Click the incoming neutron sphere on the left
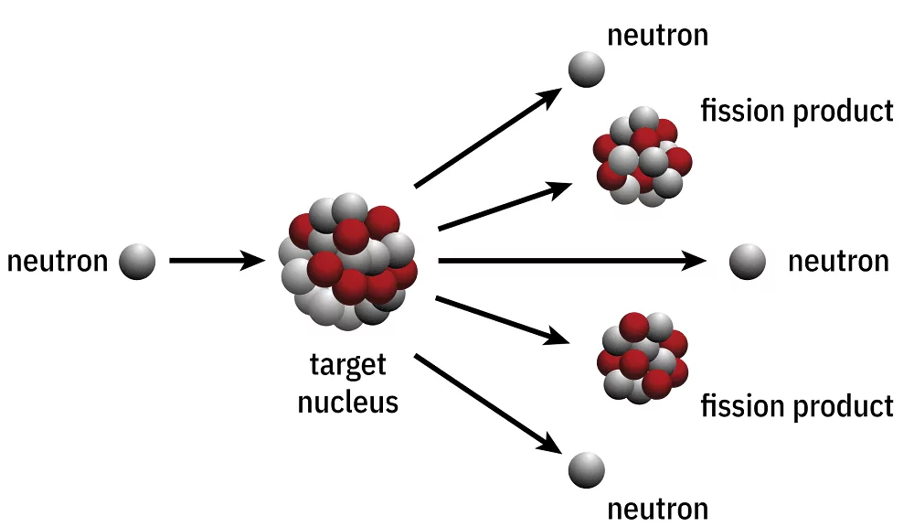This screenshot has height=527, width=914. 137,262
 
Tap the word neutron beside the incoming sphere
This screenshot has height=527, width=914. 58,262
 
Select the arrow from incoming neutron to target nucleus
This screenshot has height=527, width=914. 216,262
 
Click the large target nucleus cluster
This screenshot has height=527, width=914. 348,262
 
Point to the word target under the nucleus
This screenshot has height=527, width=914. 347,366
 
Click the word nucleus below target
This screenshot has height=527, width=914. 348,401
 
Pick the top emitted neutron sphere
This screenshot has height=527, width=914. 586,69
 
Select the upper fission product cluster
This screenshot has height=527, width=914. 642,157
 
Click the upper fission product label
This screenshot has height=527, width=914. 796,111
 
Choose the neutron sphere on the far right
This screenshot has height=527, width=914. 748,262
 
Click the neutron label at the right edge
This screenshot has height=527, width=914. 838,262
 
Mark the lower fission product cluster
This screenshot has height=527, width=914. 643,358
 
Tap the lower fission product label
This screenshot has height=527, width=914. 796,404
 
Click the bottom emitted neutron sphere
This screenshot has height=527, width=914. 586,469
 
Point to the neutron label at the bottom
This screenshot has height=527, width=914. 658,508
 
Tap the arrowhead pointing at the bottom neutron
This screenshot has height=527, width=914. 549,443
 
